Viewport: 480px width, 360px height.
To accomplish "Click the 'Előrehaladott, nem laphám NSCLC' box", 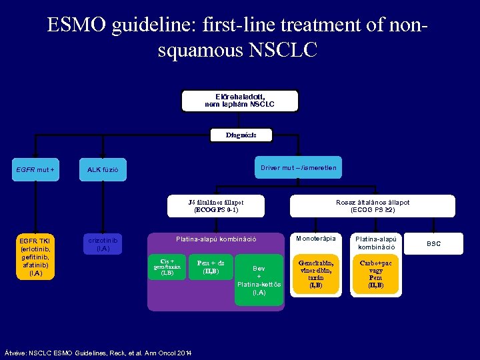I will pyautogui.click(x=239, y=100).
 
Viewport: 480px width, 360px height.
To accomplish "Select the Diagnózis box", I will pyautogui.click(x=240, y=135).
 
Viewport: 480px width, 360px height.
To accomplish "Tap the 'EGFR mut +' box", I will pyautogui.click(x=35, y=170).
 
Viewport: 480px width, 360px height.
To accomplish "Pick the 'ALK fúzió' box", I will pyautogui.click(x=103, y=170).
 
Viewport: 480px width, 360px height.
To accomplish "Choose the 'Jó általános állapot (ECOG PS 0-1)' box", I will pyautogui.click(x=216, y=205).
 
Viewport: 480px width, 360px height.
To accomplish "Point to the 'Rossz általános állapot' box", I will pyautogui.click(x=373, y=205).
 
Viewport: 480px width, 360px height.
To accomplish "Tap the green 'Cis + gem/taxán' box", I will pyautogui.click(x=167, y=267).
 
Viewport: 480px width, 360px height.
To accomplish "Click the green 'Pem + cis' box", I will pyautogui.click(x=211, y=267).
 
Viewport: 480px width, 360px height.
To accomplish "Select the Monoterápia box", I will pyautogui.click(x=316, y=239).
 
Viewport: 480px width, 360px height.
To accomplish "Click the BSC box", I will pyautogui.click(x=434, y=244).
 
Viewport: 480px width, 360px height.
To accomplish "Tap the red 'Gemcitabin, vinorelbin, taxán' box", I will pyautogui.click(x=316, y=273).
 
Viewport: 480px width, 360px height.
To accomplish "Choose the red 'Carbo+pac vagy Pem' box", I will pyautogui.click(x=375, y=273).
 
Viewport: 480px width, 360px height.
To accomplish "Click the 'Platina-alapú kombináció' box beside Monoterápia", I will pyautogui.click(x=375, y=243).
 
